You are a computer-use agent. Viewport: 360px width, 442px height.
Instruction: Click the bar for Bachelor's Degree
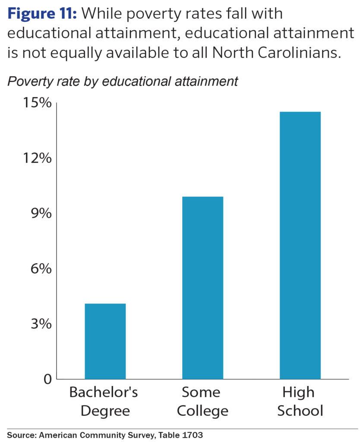pyautogui.click(x=105, y=341)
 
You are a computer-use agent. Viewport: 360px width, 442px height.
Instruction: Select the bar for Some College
pyautogui.click(x=202, y=287)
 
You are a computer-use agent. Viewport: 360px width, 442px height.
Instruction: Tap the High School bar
pyautogui.click(x=300, y=245)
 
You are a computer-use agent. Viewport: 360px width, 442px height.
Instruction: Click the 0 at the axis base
pyautogui.click(x=47, y=379)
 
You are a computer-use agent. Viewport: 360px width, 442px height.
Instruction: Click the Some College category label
pyautogui.click(x=202, y=401)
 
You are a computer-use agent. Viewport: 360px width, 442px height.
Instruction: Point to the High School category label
pyautogui.click(x=300, y=401)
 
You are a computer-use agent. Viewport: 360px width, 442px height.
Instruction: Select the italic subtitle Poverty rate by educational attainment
pyautogui.click(x=123, y=81)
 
